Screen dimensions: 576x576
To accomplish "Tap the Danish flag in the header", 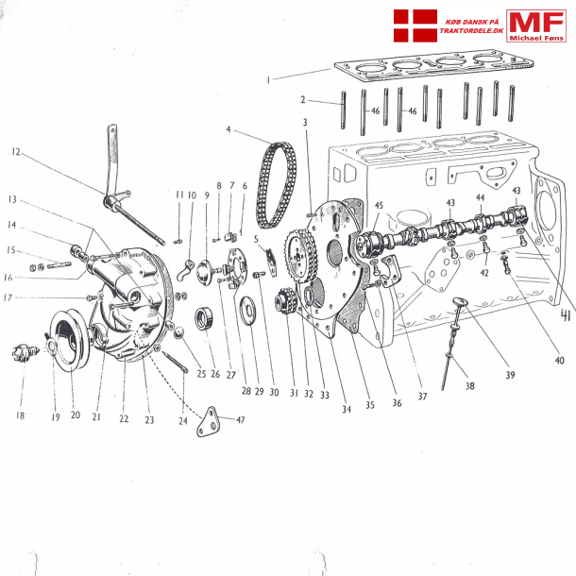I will click(x=415, y=27).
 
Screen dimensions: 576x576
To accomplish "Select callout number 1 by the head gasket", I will click(x=269, y=79).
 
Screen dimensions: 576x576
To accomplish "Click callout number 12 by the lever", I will click(x=15, y=151).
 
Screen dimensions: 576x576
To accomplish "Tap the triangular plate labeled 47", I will click(x=210, y=422).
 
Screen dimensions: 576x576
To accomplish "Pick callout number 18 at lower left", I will click(x=20, y=388).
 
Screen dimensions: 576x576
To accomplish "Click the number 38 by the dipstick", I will click(x=470, y=385).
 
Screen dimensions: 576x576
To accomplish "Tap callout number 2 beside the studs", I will click(x=303, y=99).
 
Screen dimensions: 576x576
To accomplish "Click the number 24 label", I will click(x=182, y=395).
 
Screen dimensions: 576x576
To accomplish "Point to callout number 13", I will click(x=12, y=200).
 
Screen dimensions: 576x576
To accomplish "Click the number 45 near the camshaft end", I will click(x=379, y=205).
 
